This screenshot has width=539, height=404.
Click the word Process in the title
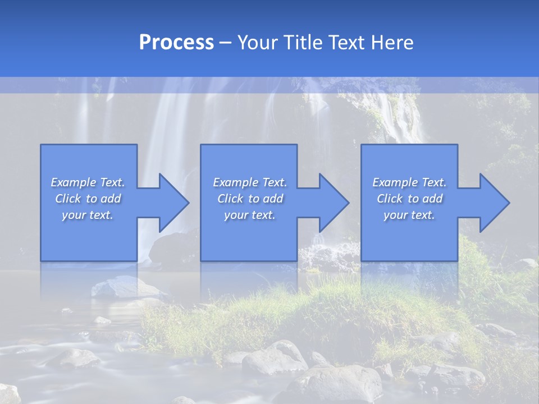coord(176,43)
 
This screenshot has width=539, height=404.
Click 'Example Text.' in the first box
coord(88,182)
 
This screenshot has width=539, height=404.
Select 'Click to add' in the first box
coord(88,199)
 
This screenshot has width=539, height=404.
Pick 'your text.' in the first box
coord(88,215)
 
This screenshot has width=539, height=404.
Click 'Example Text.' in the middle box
coord(249,182)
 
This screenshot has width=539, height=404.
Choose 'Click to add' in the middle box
coord(249,199)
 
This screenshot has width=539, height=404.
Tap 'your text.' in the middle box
coord(249,215)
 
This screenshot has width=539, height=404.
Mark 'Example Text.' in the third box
coord(409,182)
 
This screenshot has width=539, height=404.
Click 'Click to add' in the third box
coord(409,199)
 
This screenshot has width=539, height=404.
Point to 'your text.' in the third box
coord(409,215)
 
